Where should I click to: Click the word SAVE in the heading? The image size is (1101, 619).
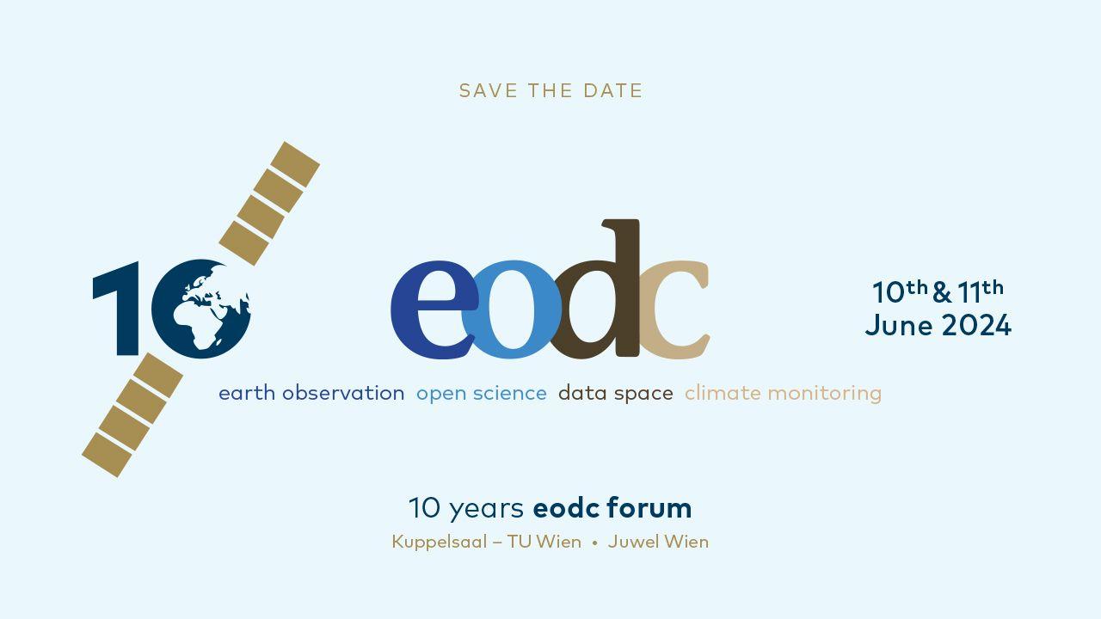click(488, 91)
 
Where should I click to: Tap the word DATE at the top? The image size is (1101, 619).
click(613, 91)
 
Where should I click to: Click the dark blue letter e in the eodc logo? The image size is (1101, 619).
click(434, 309)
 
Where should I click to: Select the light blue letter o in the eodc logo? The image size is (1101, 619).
click(511, 309)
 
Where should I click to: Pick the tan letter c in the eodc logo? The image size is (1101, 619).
click(674, 309)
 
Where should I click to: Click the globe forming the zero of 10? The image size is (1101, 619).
click(201, 309)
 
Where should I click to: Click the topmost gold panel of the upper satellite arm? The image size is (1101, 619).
click(295, 164)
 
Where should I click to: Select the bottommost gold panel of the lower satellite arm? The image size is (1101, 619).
click(107, 455)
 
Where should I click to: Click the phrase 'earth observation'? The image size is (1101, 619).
click(311, 394)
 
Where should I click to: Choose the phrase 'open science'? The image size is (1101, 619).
click(482, 394)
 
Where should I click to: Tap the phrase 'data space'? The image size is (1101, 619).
click(616, 394)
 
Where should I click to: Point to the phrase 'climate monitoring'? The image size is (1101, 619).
click(783, 394)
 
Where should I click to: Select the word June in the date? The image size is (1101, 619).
click(899, 326)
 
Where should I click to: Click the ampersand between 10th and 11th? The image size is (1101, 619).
click(942, 292)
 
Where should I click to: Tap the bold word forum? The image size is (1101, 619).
click(649, 507)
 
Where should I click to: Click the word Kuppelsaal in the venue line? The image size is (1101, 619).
click(440, 542)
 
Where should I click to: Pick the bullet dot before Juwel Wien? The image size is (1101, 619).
click(594, 543)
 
